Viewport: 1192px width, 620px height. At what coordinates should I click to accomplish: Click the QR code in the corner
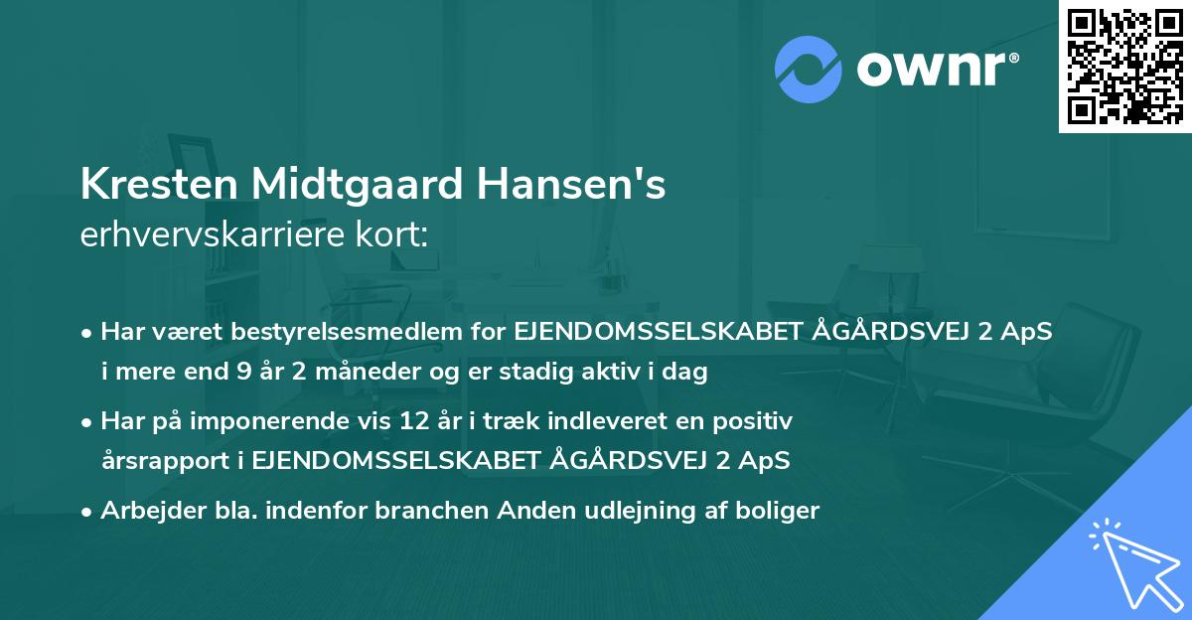[1124, 66]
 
